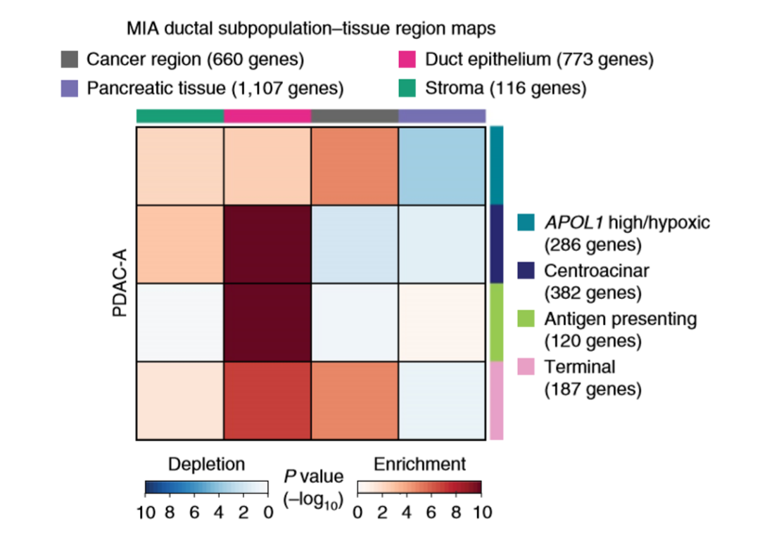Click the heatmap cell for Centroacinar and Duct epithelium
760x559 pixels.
click(x=267, y=244)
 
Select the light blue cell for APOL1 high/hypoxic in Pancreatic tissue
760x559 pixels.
click(x=442, y=166)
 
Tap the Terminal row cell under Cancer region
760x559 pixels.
click(x=355, y=401)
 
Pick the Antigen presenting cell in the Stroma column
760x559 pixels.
click(x=180, y=322)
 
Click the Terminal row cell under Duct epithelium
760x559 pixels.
click(x=267, y=401)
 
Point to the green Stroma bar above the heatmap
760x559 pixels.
click(x=180, y=115)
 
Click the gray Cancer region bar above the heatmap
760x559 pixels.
click(x=355, y=115)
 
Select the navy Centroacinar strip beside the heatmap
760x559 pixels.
click(x=497, y=243)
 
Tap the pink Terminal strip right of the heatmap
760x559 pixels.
click(x=497, y=400)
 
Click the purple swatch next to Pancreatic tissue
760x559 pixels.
click(x=69, y=89)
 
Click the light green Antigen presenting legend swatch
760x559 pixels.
click(x=526, y=319)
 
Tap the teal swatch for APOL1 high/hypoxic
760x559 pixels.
click(x=526, y=223)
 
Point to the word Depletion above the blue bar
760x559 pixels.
click(x=206, y=464)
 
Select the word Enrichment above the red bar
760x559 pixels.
click(x=419, y=464)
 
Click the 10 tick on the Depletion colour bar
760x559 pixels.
click(x=146, y=512)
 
